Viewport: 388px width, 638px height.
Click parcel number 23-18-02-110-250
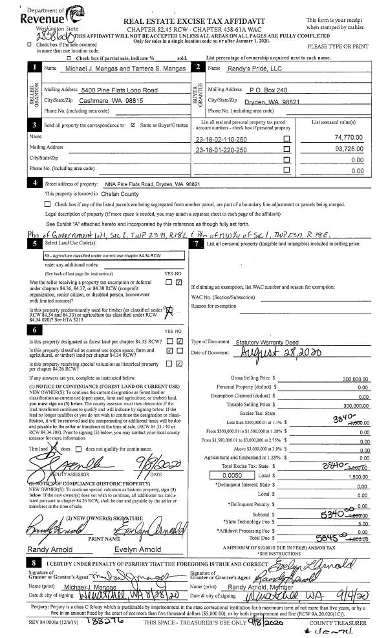click(x=221, y=139)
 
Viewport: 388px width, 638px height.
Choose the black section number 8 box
click(x=34, y=563)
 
